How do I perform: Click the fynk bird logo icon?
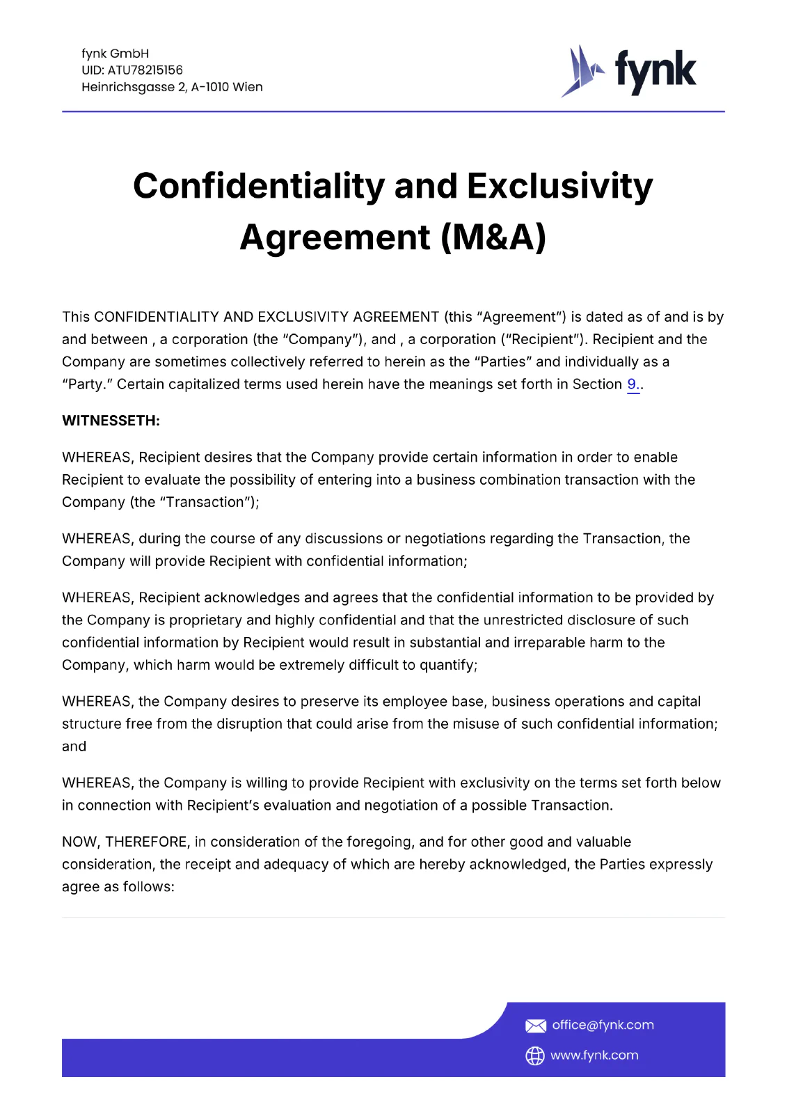point(582,71)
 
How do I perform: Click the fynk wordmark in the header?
point(655,71)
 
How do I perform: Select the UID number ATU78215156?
point(145,70)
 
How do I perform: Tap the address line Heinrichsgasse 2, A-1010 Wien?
point(172,87)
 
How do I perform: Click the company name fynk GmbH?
point(115,54)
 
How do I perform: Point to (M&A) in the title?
point(493,237)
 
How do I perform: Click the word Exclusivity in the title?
point(559,187)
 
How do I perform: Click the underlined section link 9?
point(632,384)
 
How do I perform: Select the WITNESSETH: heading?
point(111,421)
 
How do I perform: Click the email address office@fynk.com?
point(603,1025)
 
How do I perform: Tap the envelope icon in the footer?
point(535,1026)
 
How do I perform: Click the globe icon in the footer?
point(534,1056)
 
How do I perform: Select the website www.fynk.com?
point(594,1056)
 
